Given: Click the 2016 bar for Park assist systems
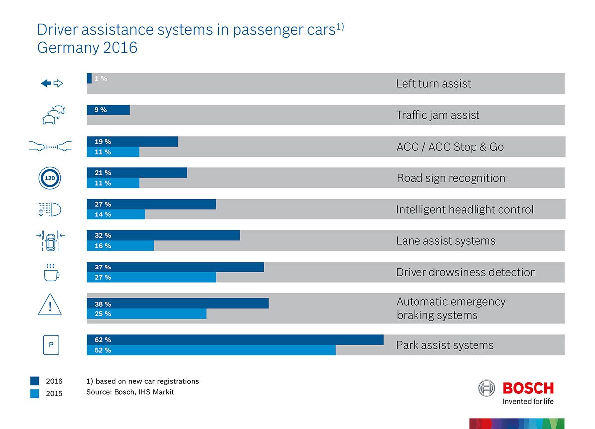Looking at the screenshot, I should [x=235, y=340].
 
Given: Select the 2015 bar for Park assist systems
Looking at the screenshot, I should [x=211, y=350].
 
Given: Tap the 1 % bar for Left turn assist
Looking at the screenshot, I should [x=89, y=78].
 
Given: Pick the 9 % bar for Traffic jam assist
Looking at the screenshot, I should [x=108, y=110].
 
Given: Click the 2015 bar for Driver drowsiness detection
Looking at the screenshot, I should [x=151, y=277].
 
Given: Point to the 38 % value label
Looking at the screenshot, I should [x=103, y=304].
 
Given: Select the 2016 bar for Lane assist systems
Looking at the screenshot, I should [x=163, y=235].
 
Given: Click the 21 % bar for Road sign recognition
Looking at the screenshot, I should [x=137, y=173].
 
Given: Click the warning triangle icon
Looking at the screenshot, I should [x=50, y=305].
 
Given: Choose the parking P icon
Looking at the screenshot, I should [x=50, y=345].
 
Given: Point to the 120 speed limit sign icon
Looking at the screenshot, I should [x=50, y=178].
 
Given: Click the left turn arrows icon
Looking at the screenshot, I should [x=52, y=83].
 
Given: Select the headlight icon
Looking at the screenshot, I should [x=50, y=210].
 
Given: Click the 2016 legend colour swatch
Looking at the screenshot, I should [x=35, y=381].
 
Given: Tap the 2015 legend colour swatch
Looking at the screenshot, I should [x=35, y=394].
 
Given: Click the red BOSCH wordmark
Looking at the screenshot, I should [x=528, y=388].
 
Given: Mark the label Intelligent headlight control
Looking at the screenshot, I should [x=465, y=210].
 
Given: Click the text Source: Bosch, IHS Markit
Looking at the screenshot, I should [x=130, y=392].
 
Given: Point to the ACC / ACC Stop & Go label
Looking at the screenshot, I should [x=450, y=147].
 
